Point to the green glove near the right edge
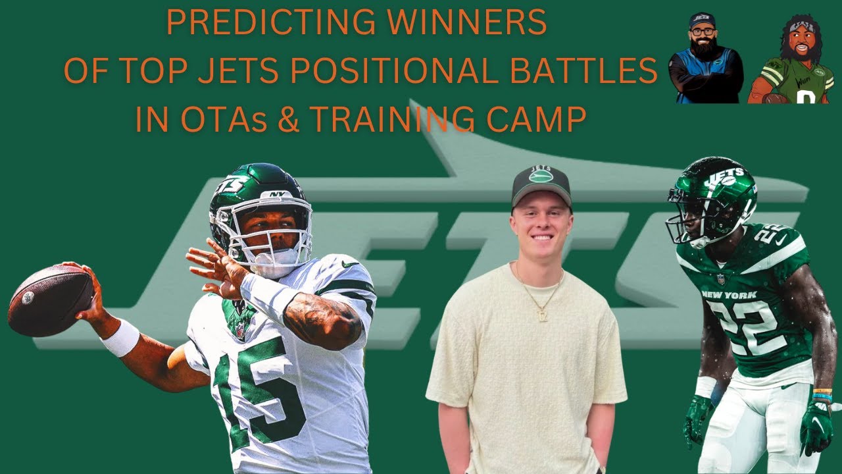(816, 428)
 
